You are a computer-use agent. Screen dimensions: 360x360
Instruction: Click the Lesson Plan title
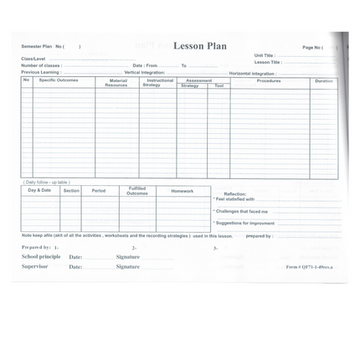coord(199,46)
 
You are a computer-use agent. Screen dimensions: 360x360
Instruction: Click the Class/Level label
coord(33,59)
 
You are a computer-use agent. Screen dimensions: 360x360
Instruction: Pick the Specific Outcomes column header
coord(59,80)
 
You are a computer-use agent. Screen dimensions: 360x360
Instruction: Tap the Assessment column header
coord(198,80)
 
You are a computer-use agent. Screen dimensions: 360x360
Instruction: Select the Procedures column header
coord(269,80)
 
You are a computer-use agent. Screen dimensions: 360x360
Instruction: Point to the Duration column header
coord(323,80)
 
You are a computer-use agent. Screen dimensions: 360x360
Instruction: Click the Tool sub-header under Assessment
coord(219,85)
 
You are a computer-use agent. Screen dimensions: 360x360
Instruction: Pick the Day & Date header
coord(39,190)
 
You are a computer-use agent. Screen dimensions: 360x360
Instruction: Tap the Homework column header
coord(182,191)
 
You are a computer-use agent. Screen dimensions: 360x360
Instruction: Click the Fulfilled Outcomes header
coord(136,191)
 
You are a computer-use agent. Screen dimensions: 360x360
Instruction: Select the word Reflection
coord(235,193)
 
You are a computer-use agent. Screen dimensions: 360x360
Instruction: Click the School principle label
coord(41,256)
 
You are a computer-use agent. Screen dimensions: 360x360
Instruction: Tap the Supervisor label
coord(35,266)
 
